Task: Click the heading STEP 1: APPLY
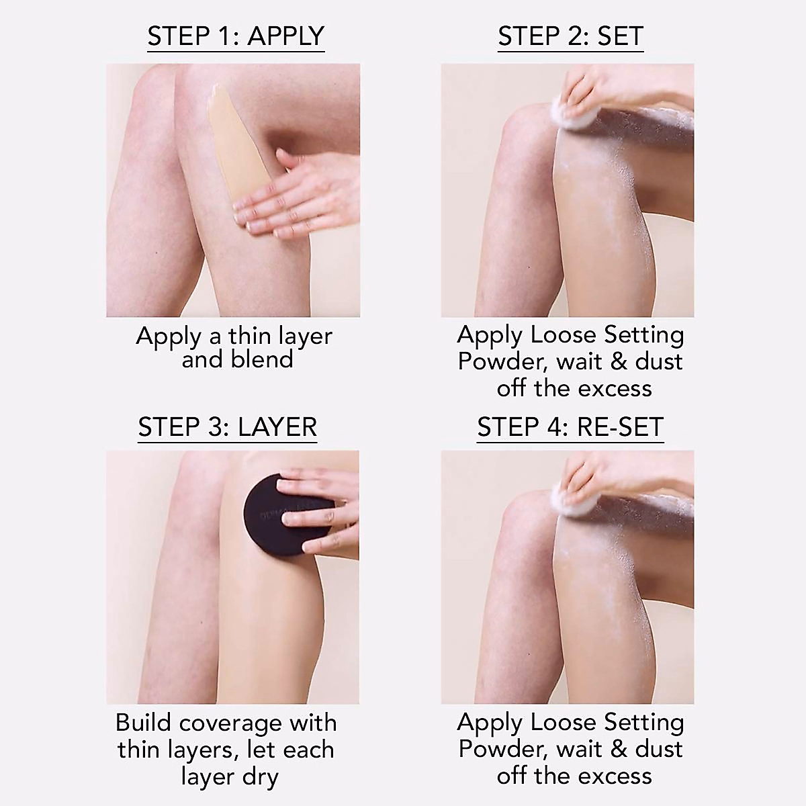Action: pyautogui.click(x=236, y=36)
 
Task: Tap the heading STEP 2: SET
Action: pyautogui.click(x=570, y=36)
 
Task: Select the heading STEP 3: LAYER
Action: pyautogui.click(x=227, y=427)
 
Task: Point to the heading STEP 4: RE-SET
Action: pyautogui.click(x=570, y=427)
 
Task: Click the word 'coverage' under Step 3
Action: pyautogui.click(x=230, y=724)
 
